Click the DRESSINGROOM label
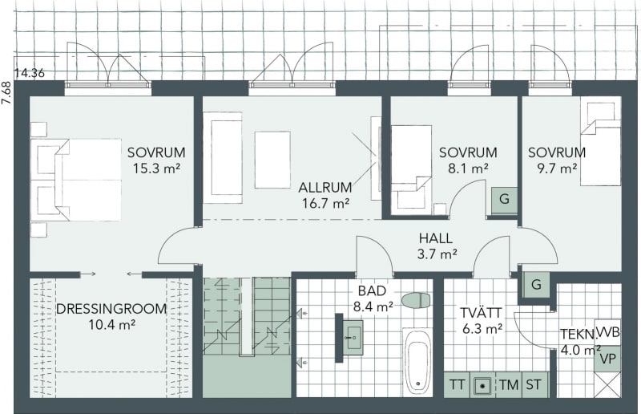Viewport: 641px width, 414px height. (x=111, y=309)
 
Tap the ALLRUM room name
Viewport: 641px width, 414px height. (x=325, y=188)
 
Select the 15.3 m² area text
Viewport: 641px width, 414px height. (x=156, y=168)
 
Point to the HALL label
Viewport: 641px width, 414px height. (x=436, y=238)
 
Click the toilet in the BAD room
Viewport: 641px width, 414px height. (x=416, y=300)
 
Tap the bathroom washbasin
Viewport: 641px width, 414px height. (x=353, y=338)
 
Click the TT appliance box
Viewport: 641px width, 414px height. (x=457, y=384)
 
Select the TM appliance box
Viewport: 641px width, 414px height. (x=509, y=384)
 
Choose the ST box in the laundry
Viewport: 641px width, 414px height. (x=534, y=384)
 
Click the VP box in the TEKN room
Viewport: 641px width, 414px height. (x=607, y=359)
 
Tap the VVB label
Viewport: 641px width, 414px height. (x=608, y=332)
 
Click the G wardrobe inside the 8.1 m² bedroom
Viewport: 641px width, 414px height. (x=504, y=200)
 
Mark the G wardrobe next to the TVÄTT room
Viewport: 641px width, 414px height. (x=536, y=284)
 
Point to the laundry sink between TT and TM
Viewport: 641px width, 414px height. (x=483, y=385)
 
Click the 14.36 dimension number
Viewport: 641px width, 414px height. (x=30, y=74)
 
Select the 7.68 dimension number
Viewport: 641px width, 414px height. (x=6, y=94)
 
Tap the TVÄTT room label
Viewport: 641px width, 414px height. (x=482, y=313)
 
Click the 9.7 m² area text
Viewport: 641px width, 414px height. (x=557, y=168)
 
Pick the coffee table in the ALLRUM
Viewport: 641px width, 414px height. (x=272, y=160)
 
